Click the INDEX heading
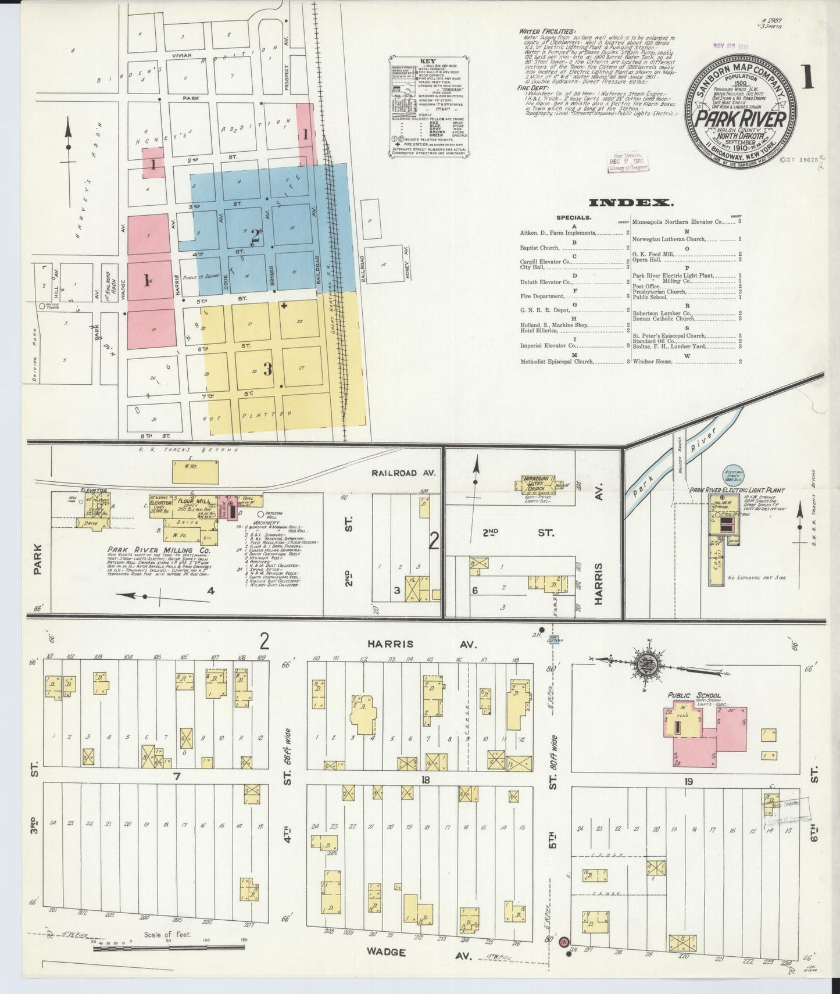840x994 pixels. click(631, 203)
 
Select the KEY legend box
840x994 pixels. click(428, 108)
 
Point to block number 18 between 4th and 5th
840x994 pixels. click(426, 780)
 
